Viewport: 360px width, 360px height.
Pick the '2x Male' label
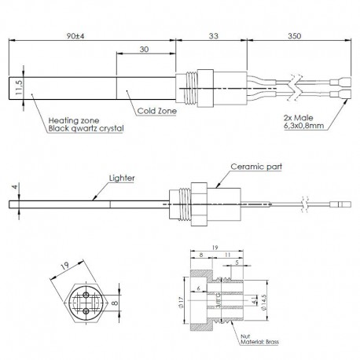299,116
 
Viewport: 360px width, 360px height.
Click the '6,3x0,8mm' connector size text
305,123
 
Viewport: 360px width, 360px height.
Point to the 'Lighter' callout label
123,178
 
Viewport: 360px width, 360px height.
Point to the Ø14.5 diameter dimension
265,302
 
